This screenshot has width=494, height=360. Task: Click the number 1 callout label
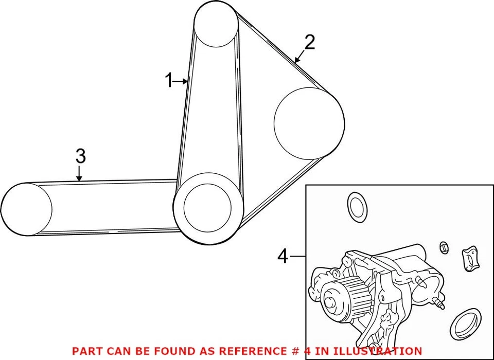(169, 81)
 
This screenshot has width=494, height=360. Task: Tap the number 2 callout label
(309, 43)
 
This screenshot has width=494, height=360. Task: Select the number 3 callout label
(79, 156)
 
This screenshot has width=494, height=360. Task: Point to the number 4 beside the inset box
(283, 256)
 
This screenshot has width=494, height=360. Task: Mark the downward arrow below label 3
(79, 177)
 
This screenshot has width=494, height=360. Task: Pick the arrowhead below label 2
(297, 61)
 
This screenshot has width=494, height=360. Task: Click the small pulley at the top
(215, 24)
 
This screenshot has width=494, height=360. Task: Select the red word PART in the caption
(86, 351)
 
